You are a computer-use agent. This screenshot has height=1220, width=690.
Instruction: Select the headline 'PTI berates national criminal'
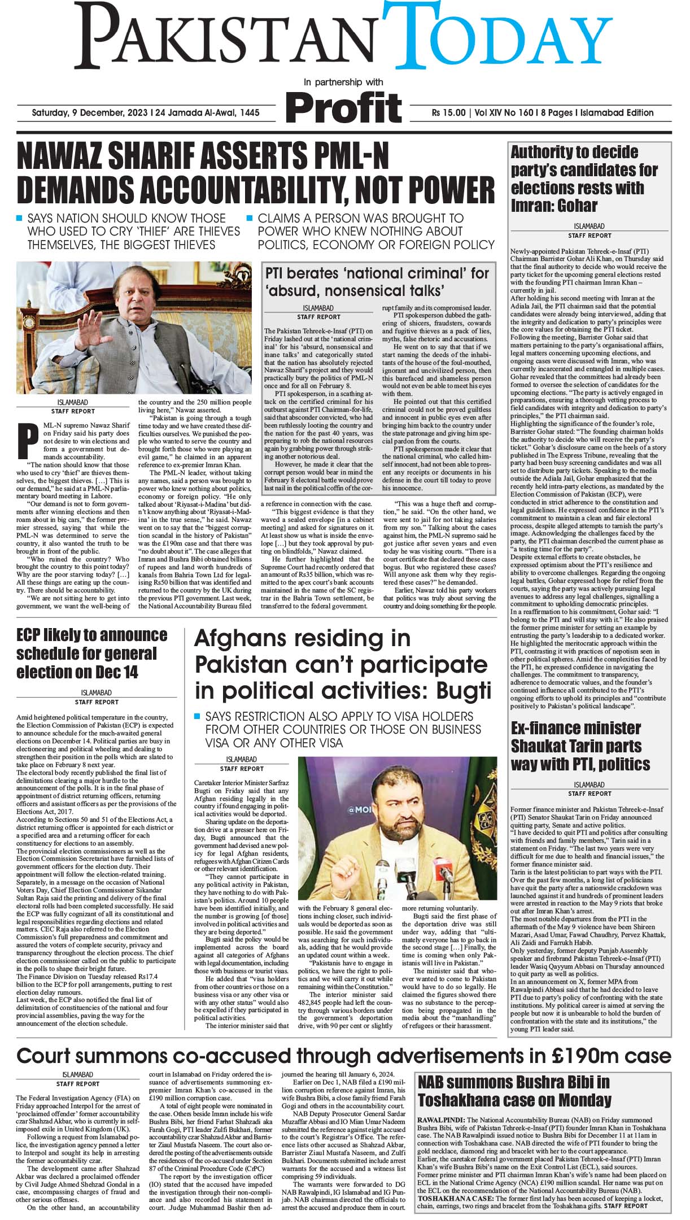tap(377, 282)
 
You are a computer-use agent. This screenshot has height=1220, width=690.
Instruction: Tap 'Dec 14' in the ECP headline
tap(113, 672)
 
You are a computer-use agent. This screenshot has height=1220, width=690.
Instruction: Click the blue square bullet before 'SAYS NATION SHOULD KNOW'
tap(20, 218)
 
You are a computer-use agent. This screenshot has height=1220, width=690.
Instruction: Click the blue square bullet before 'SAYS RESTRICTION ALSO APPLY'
tap(197, 716)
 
